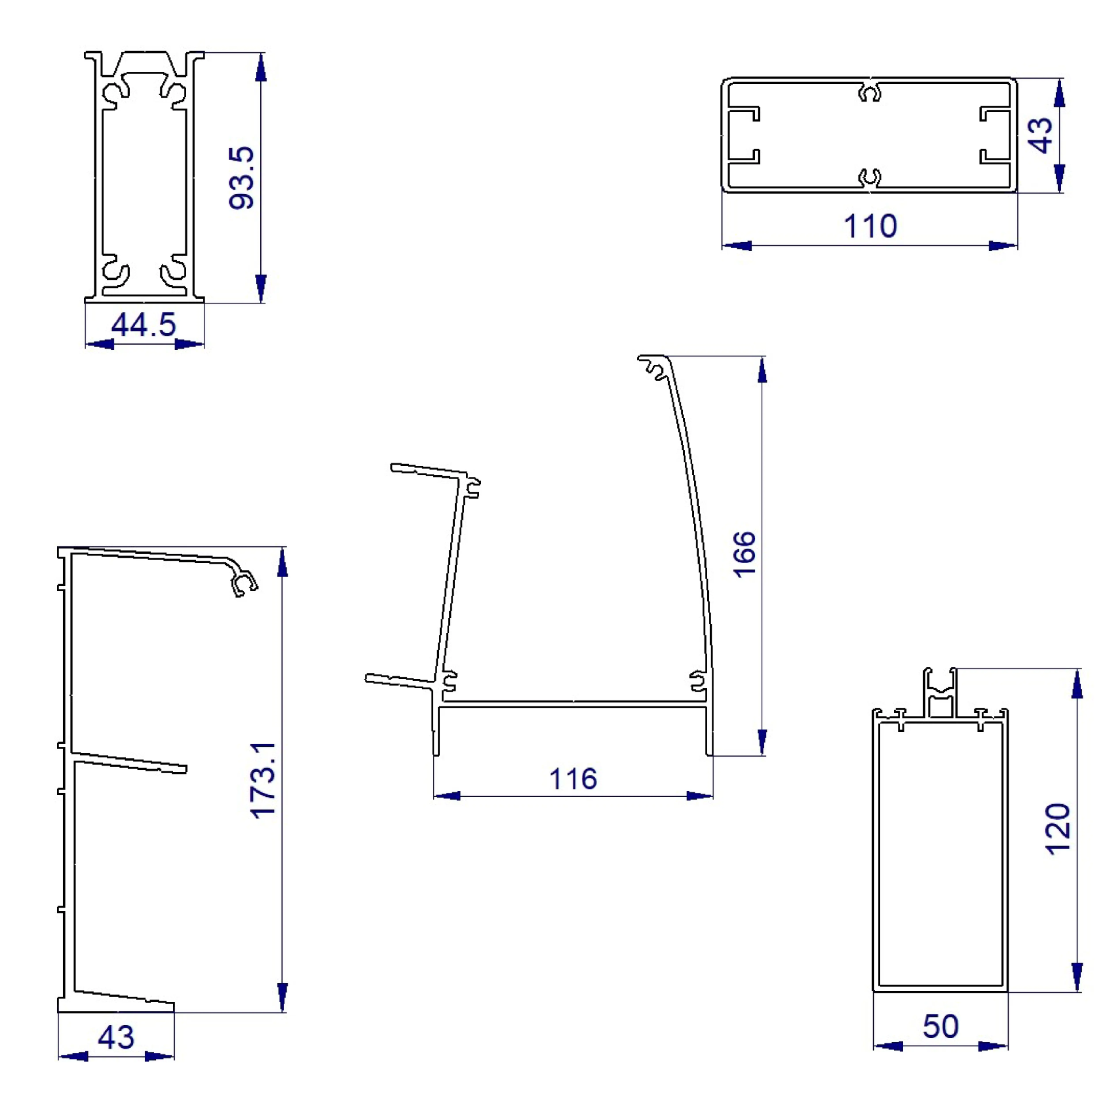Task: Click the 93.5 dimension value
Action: point(241,178)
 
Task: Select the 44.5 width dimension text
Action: point(143,325)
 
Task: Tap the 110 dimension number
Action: point(870,226)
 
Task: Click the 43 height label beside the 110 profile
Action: point(1040,136)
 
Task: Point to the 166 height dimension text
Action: point(744,554)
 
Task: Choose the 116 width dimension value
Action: point(573,779)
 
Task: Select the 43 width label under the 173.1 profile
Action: point(116,1037)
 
